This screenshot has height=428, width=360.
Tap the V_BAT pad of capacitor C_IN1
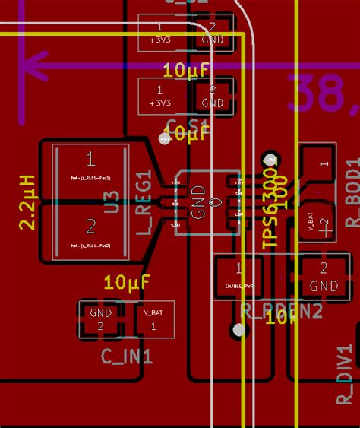[153, 318]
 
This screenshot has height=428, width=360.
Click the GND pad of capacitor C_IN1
[100, 319]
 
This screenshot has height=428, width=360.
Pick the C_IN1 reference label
[128, 356]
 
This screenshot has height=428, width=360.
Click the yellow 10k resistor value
[281, 317]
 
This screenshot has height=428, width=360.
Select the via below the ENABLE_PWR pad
[240, 330]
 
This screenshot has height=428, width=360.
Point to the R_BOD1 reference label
[351, 193]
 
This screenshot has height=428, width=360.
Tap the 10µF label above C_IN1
[127, 283]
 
